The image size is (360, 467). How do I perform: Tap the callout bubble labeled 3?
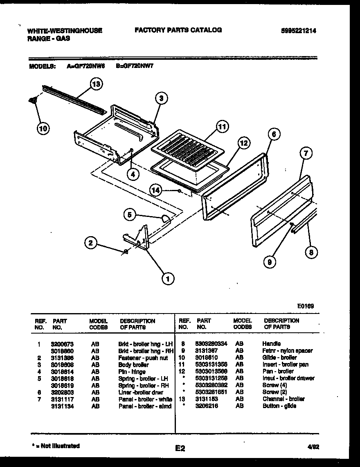[x=161, y=98]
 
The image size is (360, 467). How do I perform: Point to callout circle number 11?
[x=221, y=127]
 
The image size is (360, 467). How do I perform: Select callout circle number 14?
[x=155, y=190]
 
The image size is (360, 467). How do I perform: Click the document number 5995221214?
[x=299, y=30]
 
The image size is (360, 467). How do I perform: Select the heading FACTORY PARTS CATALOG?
[x=178, y=30]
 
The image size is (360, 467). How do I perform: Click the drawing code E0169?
[x=306, y=305]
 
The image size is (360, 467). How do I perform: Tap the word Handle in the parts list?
[x=271, y=344]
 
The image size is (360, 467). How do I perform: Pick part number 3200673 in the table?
[x=63, y=344]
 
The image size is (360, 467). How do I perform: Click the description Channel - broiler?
[x=283, y=399]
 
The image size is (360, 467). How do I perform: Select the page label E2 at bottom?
[x=180, y=449]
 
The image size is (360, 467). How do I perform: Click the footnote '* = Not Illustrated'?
[x=55, y=446]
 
